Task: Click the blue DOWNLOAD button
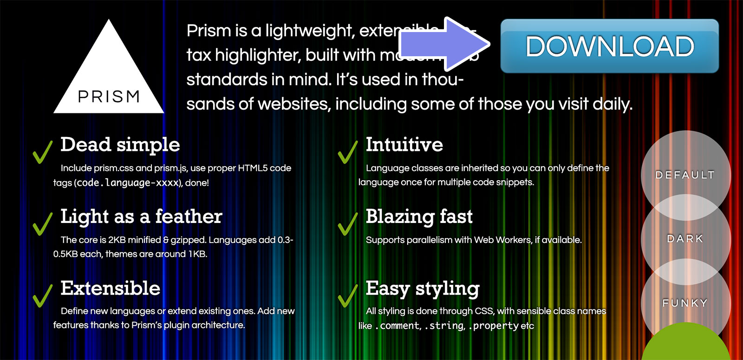click(609, 46)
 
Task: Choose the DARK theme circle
click(685, 239)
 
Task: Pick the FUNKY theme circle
click(685, 303)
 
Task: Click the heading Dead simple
click(120, 144)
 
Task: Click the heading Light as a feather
click(141, 216)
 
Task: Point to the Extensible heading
click(111, 288)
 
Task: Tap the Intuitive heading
click(404, 144)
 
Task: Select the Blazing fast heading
click(419, 216)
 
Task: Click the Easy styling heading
click(423, 288)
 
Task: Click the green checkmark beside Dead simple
click(42, 152)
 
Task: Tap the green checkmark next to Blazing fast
click(347, 223)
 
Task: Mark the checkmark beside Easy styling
click(347, 295)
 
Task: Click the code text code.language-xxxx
click(128, 183)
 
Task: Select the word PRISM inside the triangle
click(109, 97)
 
